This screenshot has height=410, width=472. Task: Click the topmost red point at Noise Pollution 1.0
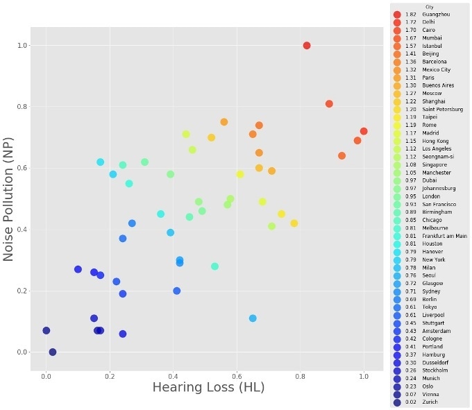coord(307,46)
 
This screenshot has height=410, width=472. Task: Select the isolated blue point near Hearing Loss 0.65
coord(253,318)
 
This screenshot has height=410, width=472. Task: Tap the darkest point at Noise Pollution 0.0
coord(53,352)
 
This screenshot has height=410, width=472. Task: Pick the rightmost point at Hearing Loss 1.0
coord(364,131)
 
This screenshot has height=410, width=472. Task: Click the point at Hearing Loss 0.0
coord(47,331)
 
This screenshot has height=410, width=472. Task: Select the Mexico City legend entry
coord(437,69)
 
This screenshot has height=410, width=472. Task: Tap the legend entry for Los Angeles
coord(437,148)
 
